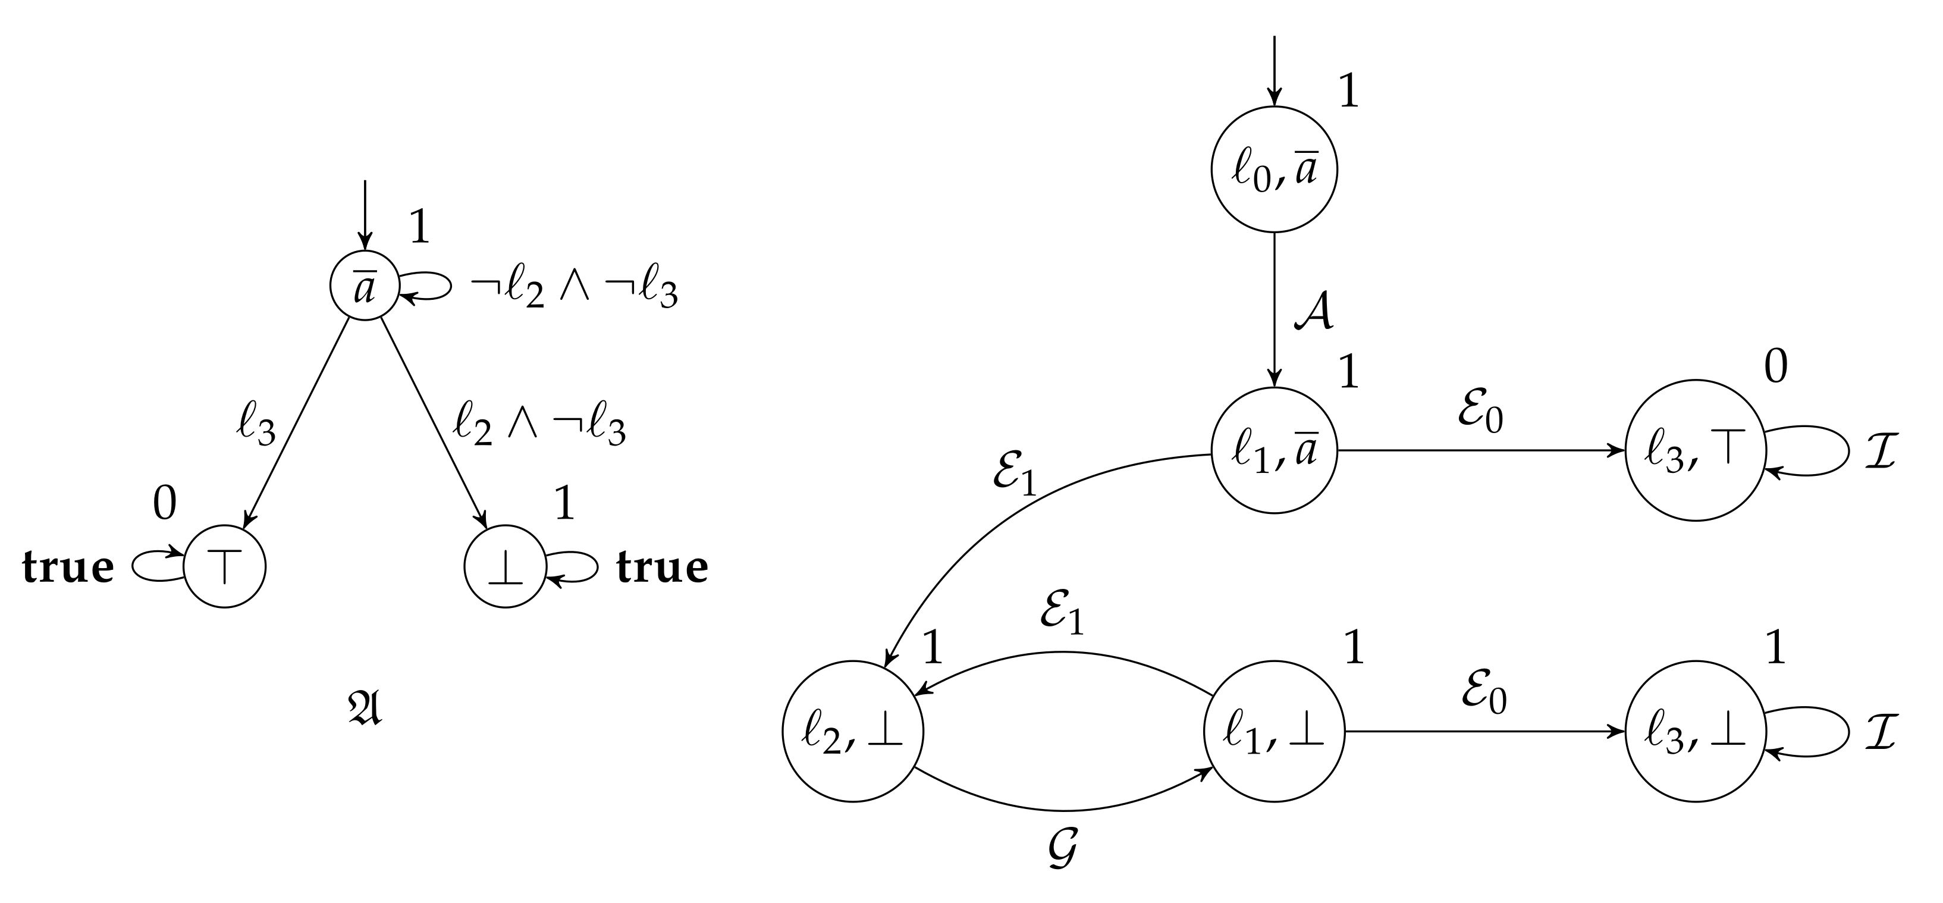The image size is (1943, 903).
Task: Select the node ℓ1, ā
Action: tap(1274, 450)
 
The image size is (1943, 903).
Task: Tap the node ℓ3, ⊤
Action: tap(1696, 450)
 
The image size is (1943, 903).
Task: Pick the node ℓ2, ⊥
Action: tap(852, 731)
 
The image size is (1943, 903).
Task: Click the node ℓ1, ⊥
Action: tap(1274, 731)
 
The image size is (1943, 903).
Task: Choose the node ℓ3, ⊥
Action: tap(1696, 731)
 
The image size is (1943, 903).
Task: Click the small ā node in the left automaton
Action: tap(365, 285)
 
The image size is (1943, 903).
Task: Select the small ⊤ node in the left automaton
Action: tap(224, 566)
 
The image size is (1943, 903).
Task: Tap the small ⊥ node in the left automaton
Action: tap(504, 566)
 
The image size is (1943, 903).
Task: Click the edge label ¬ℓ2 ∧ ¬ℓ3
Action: tap(574, 290)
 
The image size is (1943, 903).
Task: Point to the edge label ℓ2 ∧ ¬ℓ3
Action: tap(539, 427)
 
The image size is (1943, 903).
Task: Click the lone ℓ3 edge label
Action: tap(256, 428)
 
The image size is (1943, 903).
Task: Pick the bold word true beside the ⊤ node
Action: tap(68, 567)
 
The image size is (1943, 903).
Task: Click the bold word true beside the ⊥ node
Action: tap(663, 567)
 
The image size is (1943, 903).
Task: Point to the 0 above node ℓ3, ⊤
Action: tap(1776, 368)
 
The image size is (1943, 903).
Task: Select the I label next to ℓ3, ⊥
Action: tap(1881, 732)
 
